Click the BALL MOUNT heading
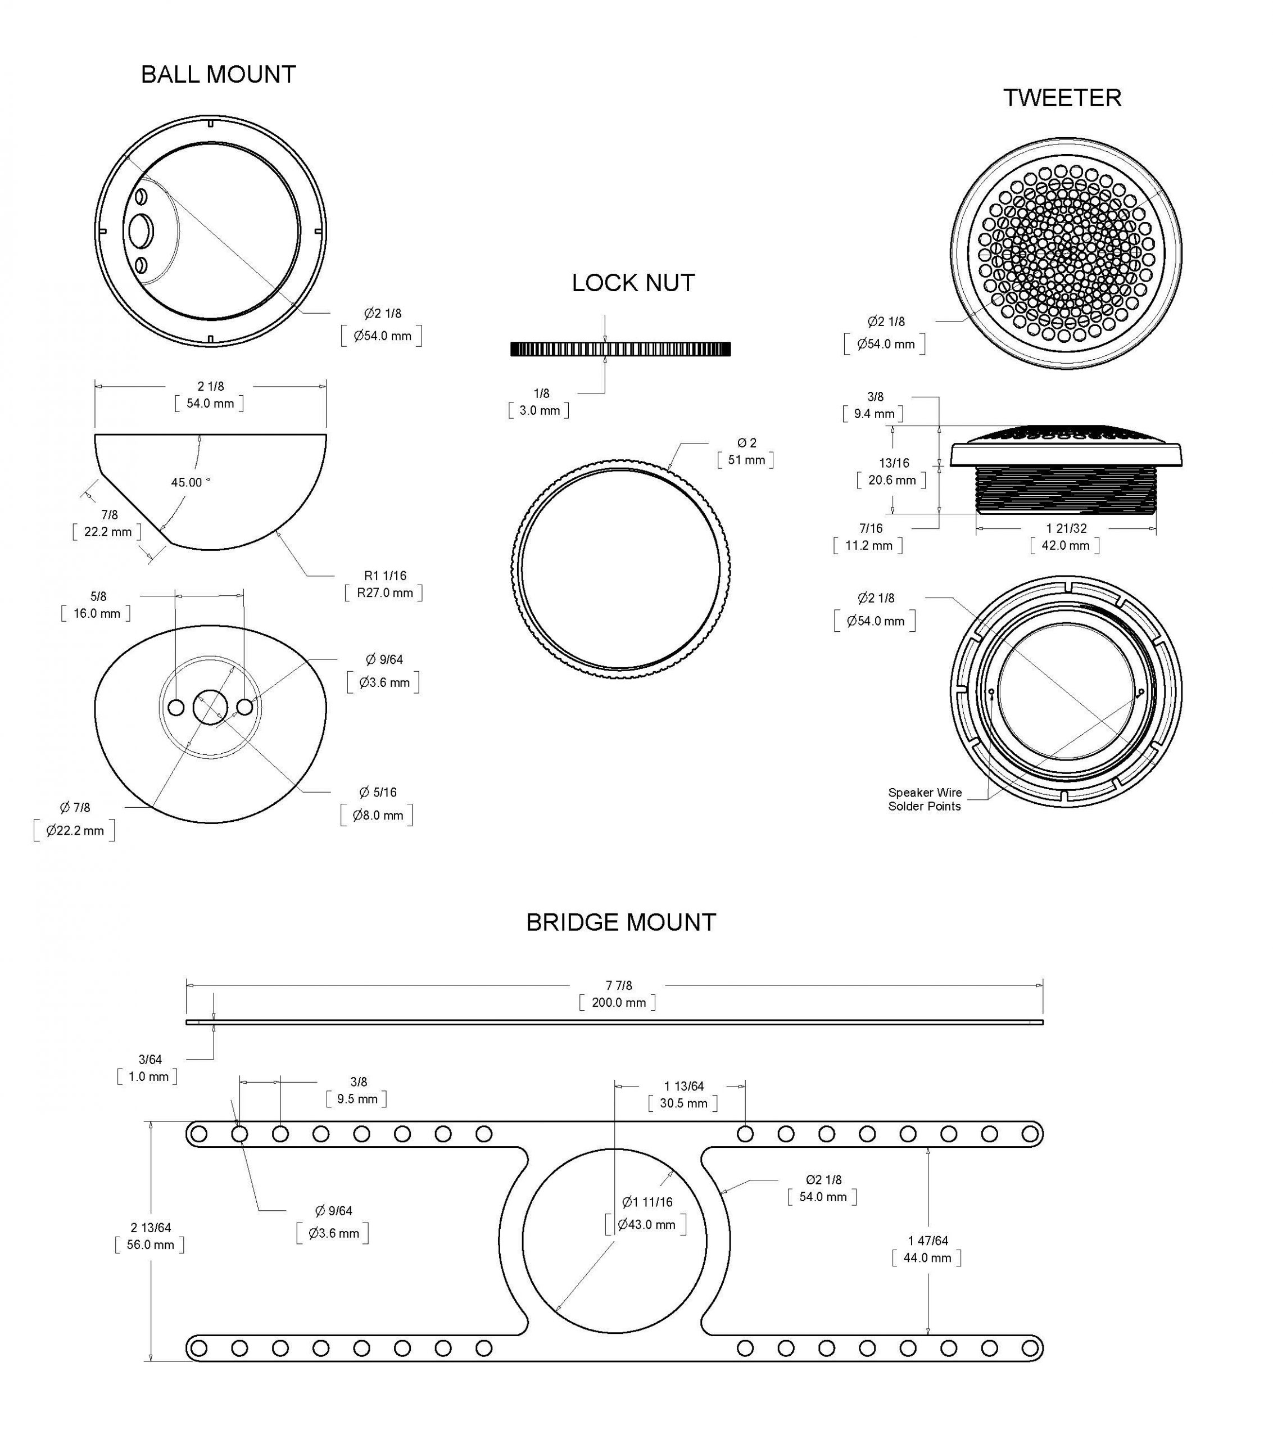point(218,75)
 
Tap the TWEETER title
point(1061,98)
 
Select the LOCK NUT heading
point(632,283)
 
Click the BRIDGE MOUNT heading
point(620,922)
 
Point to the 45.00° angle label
point(190,482)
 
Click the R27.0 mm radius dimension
point(384,593)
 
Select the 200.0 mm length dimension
point(618,1002)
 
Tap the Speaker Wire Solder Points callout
point(924,799)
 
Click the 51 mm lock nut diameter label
point(746,460)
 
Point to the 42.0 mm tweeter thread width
point(1064,546)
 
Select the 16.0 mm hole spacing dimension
point(97,613)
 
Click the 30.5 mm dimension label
point(683,1103)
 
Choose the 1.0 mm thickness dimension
point(148,1076)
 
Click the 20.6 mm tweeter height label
point(891,480)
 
